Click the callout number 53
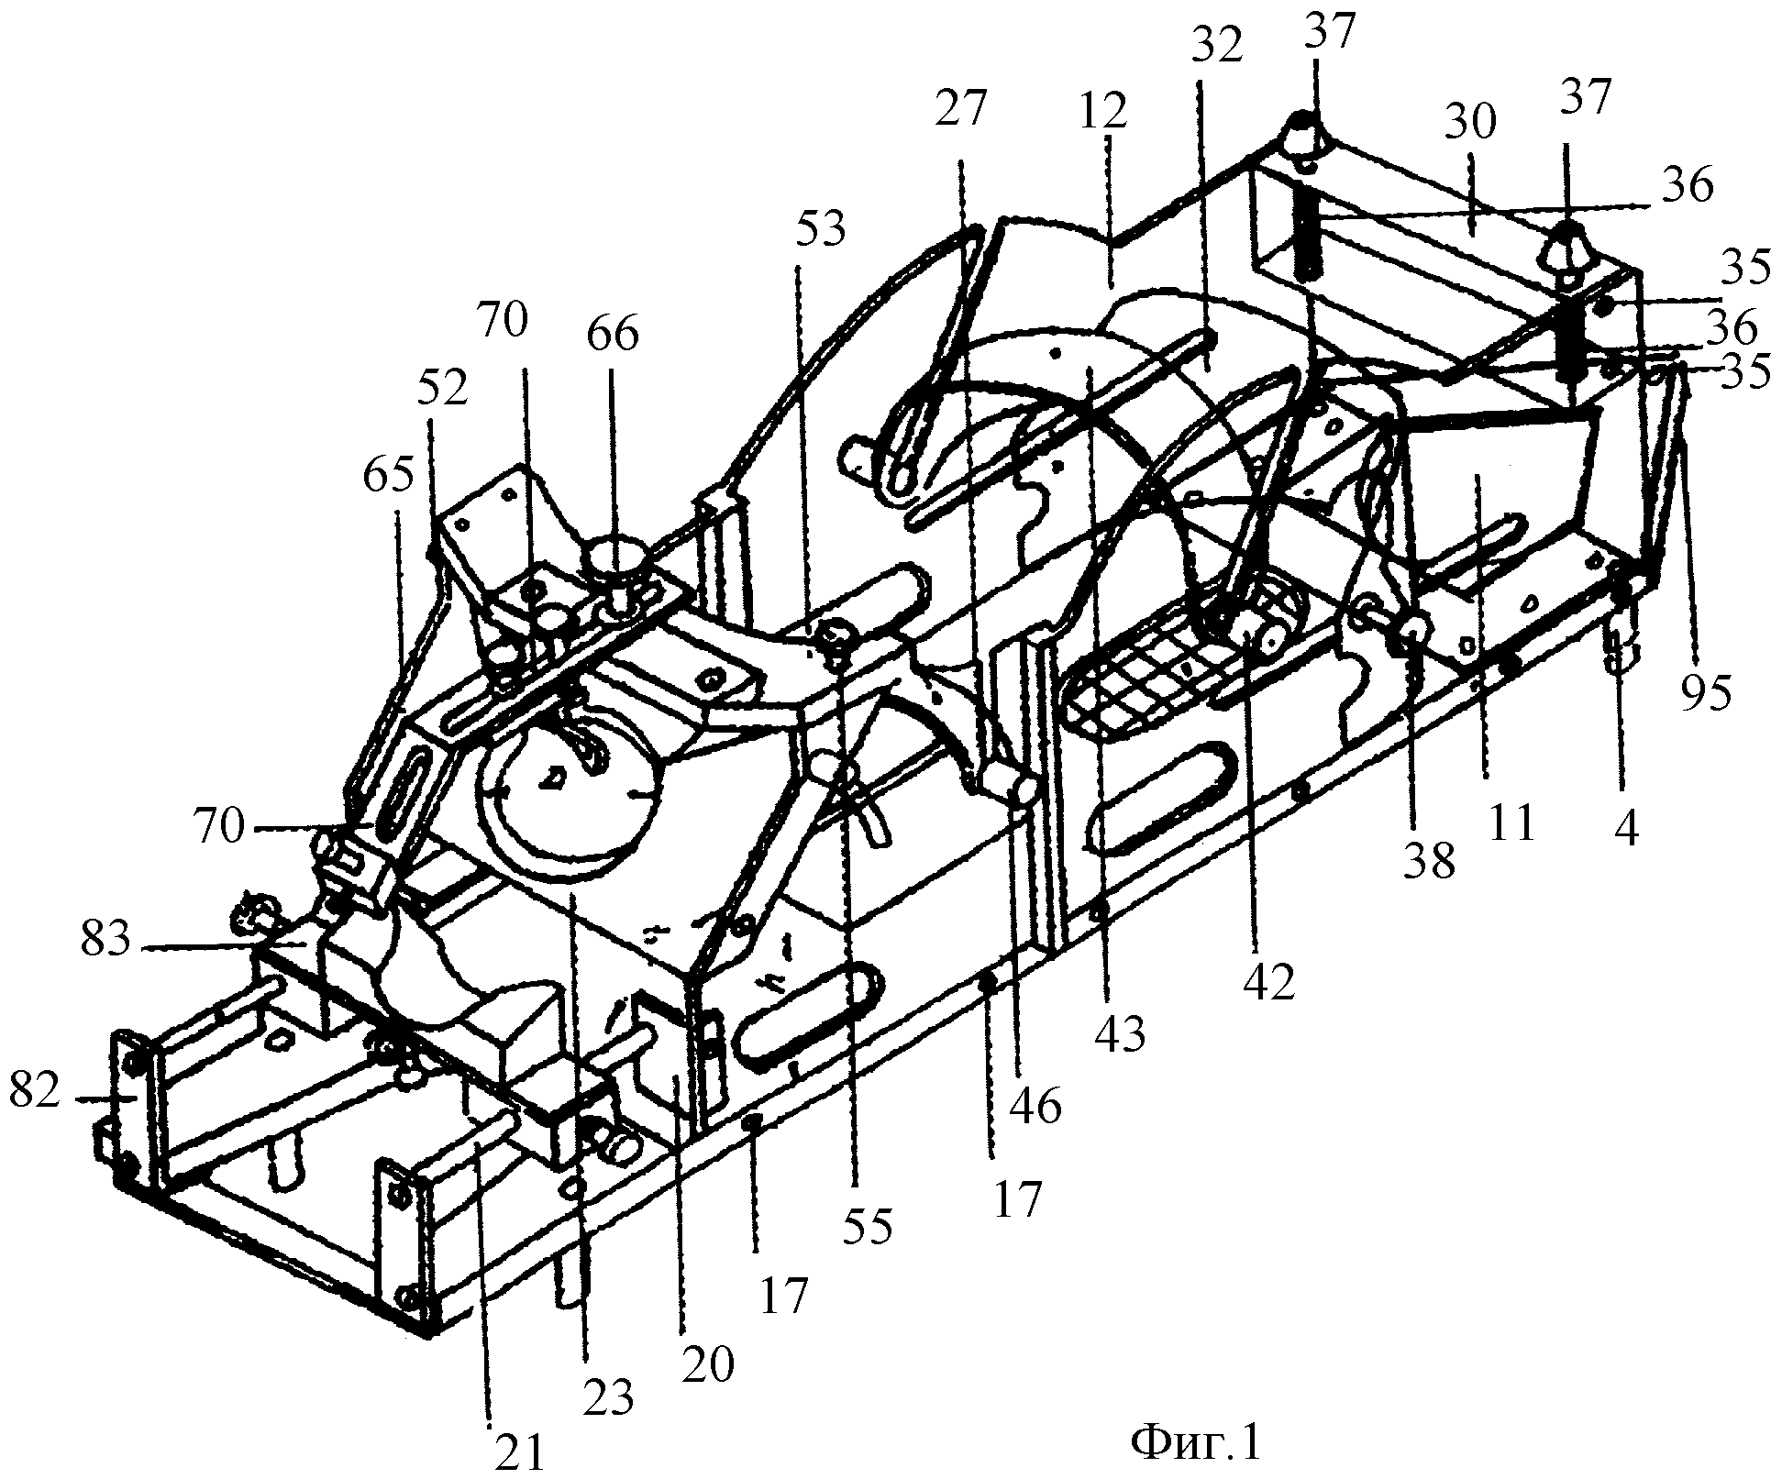click(822, 230)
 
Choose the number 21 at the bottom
click(520, 1451)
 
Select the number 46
click(1036, 1107)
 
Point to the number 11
click(1511, 824)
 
